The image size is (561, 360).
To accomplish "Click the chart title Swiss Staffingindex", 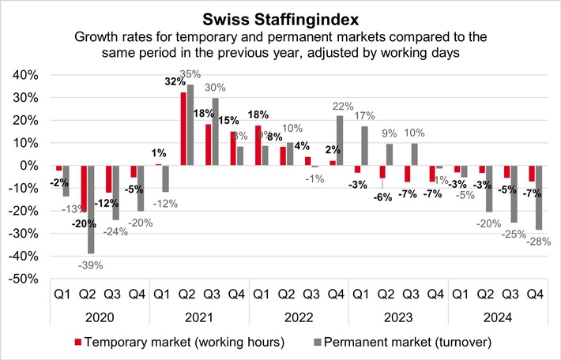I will [280, 17].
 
